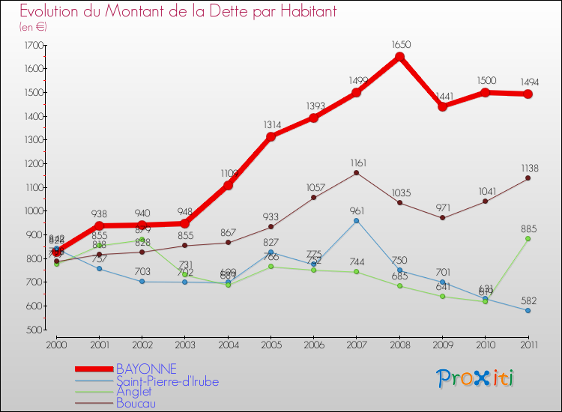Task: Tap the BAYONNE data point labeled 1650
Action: coord(399,57)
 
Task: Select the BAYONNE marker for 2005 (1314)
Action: coord(271,136)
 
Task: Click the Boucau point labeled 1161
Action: coord(357,173)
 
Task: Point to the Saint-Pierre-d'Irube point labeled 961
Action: coord(357,220)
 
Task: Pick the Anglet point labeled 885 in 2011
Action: coord(528,239)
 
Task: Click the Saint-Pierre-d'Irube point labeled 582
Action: coord(528,310)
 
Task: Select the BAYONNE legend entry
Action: coord(146,369)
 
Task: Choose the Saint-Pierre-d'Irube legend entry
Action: coord(167,381)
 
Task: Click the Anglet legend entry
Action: coord(133,392)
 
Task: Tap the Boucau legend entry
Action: coord(136,403)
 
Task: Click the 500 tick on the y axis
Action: coord(34,330)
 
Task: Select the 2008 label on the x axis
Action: coord(399,345)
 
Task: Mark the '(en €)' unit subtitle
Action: coord(33,27)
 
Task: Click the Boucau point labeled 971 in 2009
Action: coord(442,218)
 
